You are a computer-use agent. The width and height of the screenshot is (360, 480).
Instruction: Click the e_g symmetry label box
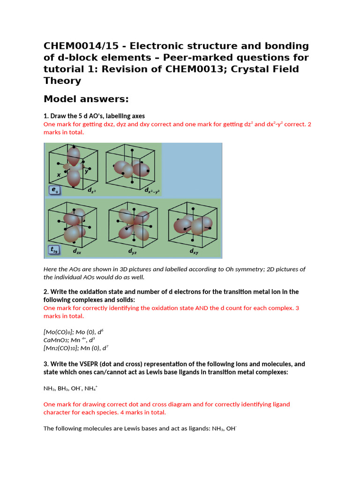[54, 190]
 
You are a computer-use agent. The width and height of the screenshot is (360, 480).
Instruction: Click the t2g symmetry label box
[54, 250]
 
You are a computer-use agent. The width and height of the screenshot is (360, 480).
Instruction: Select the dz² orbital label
[92, 190]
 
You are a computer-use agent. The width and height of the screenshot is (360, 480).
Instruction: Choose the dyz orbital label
[133, 251]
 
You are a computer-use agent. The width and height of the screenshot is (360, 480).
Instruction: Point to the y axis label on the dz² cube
[86, 171]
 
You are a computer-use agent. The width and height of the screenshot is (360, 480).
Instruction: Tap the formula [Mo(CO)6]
[56, 332]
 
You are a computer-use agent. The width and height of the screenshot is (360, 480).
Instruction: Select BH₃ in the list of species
[65, 389]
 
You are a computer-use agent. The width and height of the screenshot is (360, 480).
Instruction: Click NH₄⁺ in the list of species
[91, 389]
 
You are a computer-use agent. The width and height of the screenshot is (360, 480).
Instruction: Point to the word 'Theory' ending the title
[62, 80]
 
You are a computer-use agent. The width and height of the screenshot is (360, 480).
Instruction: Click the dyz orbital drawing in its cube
[134, 223]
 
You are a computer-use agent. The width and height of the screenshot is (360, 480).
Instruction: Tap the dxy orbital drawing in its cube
[192, 224]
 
